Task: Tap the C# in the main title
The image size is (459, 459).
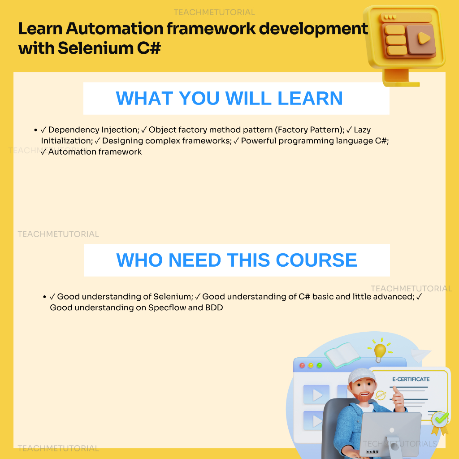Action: pos(149,48)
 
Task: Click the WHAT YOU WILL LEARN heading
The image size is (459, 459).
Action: pos(229,98)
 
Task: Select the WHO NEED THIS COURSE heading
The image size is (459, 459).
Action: pos(237,260)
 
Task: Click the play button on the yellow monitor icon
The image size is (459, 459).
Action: pos(423,39)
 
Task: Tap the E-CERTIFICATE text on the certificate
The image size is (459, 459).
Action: pos(411,379)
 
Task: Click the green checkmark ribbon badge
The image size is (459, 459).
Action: pos(440,421)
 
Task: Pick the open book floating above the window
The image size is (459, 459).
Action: pos(342,355)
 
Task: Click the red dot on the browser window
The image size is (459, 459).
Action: pos(302,365)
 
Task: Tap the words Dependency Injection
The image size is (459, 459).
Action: pos(94,130)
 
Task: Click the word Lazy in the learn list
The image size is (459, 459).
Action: pos(362,130)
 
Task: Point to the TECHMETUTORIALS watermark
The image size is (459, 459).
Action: pos(400,444)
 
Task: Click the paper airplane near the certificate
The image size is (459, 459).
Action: pos(420,355)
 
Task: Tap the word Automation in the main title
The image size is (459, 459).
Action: pos(114,28)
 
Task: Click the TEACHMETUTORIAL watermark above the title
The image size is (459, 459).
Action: pos(214,12)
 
